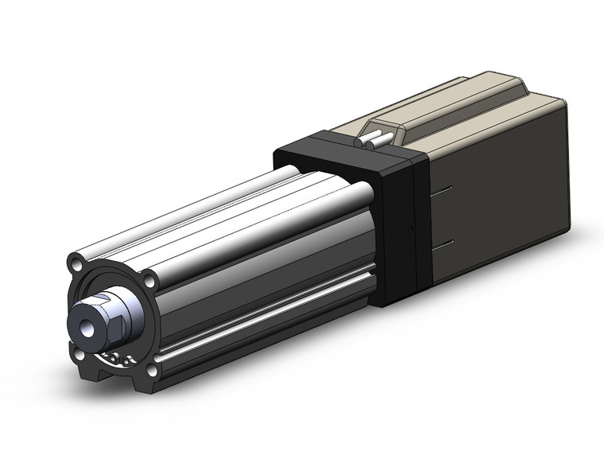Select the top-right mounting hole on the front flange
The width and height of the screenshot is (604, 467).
[149, 279]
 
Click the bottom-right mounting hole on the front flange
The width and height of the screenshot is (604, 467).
[152, 368]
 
